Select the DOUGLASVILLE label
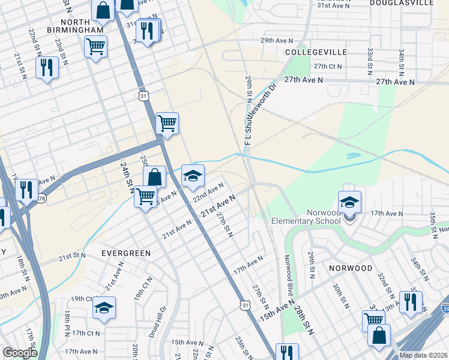402,3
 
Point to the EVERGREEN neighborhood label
126,253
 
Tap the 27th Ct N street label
327,67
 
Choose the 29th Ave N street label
276,40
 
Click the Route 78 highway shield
41,199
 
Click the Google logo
20,353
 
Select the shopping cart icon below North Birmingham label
96,46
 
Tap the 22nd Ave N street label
208,193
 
